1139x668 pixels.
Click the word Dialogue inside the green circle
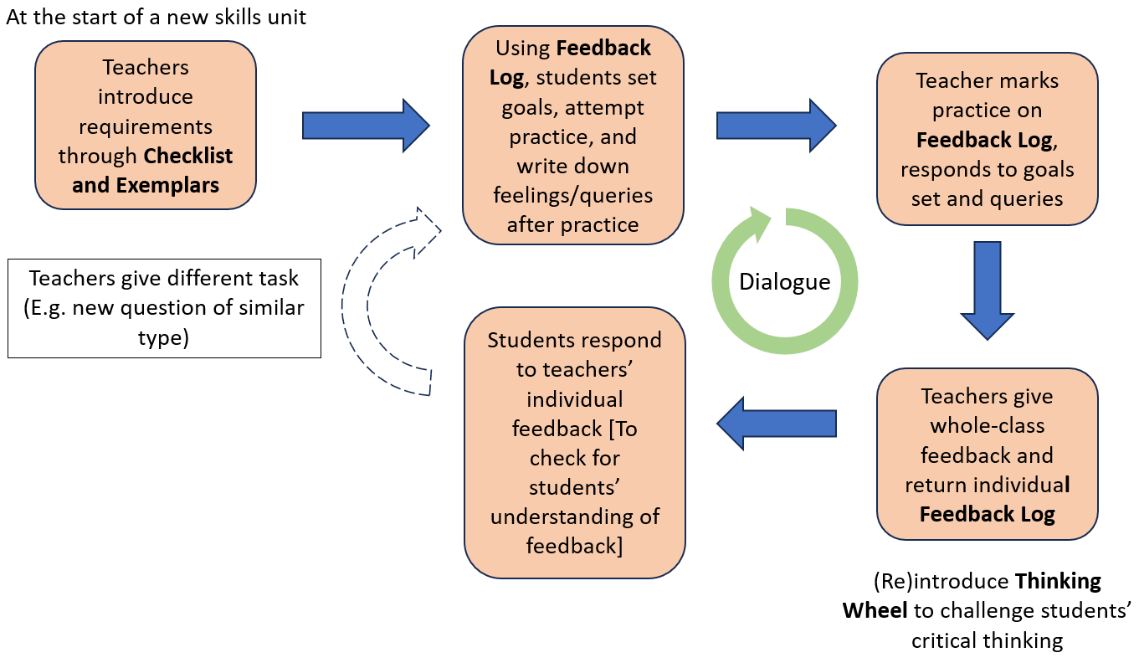pos(784,282)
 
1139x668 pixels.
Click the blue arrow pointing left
pos(776,424)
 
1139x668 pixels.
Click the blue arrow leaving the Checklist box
pos(365,126)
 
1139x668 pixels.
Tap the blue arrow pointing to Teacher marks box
pos(776,126)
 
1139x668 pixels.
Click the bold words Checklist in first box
pos(188,156)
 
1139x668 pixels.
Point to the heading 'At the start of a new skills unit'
pos(156,17)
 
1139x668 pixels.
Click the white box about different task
pos(164,308)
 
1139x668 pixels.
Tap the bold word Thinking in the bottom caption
pos(1058,581)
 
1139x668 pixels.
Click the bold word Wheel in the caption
pos(875,610)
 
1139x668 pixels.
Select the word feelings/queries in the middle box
pos(573,195)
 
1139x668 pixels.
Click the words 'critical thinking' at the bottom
pos(988,640)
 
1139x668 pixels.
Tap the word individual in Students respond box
pos(575,398)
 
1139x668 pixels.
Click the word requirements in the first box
pos(146,126)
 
